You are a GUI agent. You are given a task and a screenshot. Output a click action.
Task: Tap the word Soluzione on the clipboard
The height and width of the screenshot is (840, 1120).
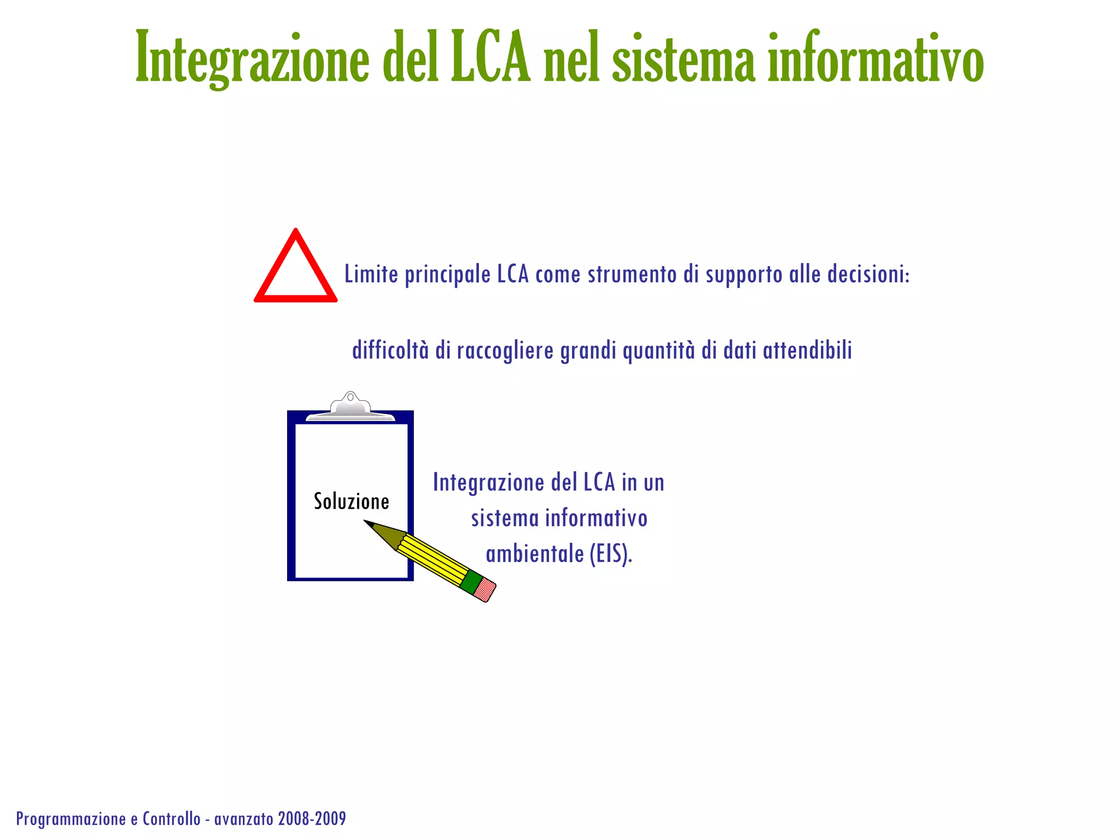coord(351,501)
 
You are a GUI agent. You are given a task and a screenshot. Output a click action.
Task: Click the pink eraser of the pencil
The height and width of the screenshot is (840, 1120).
coord(485,590)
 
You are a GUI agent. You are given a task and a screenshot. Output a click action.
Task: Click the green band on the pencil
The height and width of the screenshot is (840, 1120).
coord(470,582)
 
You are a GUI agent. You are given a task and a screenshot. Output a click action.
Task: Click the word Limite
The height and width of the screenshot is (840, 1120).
coord(371,274)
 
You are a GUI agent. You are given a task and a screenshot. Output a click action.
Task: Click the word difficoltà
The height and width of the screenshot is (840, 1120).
coord(390,350)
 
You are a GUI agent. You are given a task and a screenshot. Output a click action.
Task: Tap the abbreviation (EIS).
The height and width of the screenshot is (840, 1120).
coord(610,554)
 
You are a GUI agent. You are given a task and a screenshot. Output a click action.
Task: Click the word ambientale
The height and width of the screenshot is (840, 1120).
coord(534,554)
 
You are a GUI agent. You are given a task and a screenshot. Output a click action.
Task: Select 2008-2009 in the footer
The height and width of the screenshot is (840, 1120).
coord(312,819)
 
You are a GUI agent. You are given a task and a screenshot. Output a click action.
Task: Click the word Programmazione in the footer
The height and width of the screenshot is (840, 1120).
coord(71,819)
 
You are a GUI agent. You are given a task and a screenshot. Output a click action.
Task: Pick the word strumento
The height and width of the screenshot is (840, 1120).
coord(632,274)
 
